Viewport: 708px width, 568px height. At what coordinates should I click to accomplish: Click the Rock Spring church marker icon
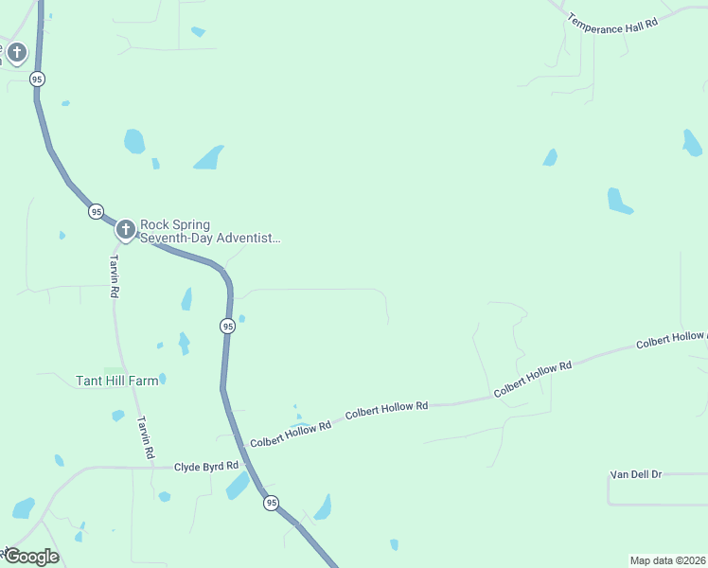[x=125, y=229]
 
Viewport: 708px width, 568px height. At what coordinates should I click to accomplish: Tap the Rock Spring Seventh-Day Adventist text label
[x=210, y=232]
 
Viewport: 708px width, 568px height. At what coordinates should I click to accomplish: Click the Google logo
[x=31, y=556]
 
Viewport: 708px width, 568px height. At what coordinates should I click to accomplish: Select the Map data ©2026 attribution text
[x=667, y=560]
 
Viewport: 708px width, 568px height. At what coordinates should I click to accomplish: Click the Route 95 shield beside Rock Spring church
[x=96, y=211]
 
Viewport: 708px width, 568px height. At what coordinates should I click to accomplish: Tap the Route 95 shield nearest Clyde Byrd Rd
[x=272, y=502]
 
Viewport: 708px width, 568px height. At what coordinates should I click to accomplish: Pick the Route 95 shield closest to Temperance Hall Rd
[x=36, y=80]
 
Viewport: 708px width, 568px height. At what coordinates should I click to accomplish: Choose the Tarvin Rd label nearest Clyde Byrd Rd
[x=146, y=437]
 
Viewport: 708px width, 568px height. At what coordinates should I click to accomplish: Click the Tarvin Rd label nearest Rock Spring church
[x=114, y=276]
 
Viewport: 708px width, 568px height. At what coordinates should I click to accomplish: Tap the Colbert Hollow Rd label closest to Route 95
[x=291, y=435]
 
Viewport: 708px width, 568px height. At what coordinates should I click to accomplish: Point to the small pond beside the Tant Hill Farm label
[x=162, y=379]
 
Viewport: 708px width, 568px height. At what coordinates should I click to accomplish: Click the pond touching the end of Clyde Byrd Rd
[x=237, y=486]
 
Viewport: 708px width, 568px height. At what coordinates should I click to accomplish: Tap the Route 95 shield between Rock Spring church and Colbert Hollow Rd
[x=227, y=326]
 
